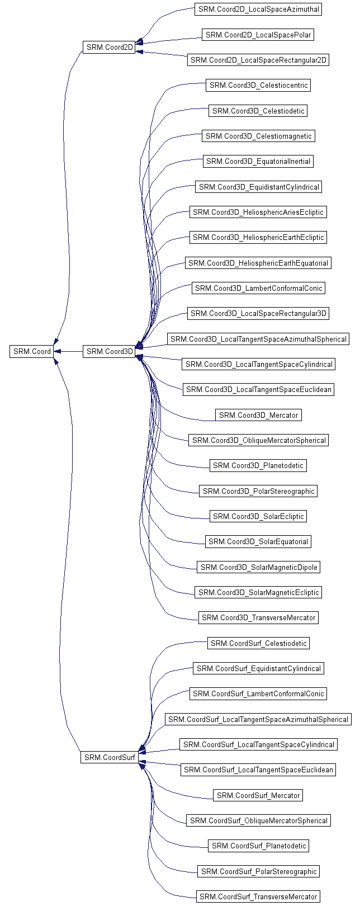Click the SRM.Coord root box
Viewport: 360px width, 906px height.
(x=32, y=351)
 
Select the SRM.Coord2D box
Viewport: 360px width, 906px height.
(x=109, y=48)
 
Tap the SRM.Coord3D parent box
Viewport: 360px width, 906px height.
(x=109, y=351)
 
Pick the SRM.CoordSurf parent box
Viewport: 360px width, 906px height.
(x=109, y=757)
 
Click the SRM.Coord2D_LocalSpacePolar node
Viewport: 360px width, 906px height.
(x=258, y=35)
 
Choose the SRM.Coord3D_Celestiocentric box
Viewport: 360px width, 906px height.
(x=258, y=86)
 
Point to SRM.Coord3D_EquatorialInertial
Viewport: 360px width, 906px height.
(x=258, y=162)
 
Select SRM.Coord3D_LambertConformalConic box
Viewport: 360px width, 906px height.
(x=258, y=288)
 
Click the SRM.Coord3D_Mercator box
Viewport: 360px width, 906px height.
(x=258, y=415)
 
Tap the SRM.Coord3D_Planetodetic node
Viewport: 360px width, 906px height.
(x=258, y=465)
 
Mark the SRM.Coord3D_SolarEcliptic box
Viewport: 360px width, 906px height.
(x=258, y=516)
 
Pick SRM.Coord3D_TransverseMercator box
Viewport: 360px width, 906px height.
(x=258, y=617)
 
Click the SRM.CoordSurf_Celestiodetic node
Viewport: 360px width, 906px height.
(x=258, y=643)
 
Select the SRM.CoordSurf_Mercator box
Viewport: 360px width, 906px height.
(x=258, y=795)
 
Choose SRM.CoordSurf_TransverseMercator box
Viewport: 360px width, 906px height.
(x=258, y=896)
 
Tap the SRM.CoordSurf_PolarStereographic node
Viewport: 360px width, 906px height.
(x=258, y=871)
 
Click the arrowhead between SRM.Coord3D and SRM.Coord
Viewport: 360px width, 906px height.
(x=58, y=351)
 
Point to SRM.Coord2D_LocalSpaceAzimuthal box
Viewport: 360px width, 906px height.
(x=258, y=10)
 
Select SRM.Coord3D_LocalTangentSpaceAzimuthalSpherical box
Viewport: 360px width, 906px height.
(x=258, y=339)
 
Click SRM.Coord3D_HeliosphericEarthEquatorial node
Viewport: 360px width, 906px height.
(x=258, y=263)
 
